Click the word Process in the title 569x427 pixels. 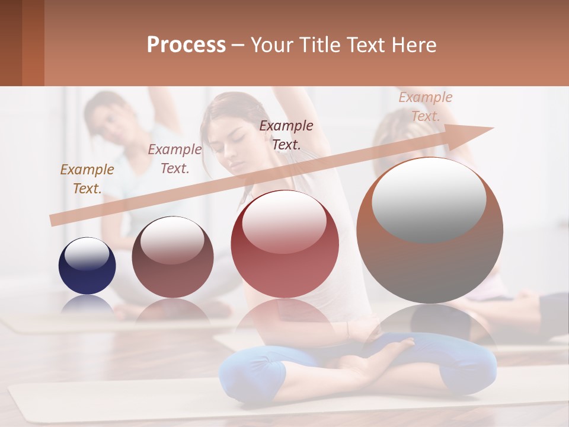pyautogui.click(x=186, y=45)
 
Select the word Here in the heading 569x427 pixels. pyautogui.click(x=413, y=45)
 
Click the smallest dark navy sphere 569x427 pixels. pyautogui.click(x=87, y=266)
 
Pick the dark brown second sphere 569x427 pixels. pyautogui.click(x=172, y=257)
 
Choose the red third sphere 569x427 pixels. pyautogui.click(x=285, y=244)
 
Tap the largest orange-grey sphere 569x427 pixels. pyautogui.click(x=430, y=230)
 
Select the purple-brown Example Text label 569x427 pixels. pyautogui.click(x=175, y=159)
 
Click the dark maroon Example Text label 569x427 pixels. pyautogui.click(x=286, y=135)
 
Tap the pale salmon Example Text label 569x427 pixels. pyautogui.click(x=425, y=107)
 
